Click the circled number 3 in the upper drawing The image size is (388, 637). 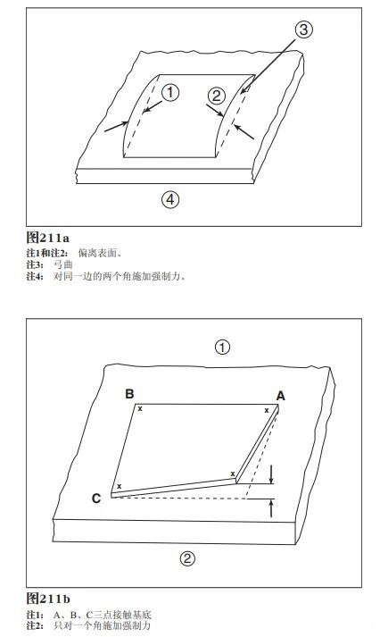[304, 30]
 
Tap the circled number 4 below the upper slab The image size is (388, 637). [170, 197]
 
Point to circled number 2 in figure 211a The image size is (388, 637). [215, 95]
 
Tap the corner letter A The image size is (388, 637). [280, 395]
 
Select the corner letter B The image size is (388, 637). [129, 393]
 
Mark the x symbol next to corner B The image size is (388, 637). [138, 408]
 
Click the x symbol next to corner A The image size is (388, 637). [266, 410]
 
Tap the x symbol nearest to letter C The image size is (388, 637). [118, 486]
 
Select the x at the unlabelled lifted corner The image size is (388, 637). [233, 474]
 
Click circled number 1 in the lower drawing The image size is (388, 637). [224, 347]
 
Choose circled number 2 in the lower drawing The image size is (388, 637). [188, 559]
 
